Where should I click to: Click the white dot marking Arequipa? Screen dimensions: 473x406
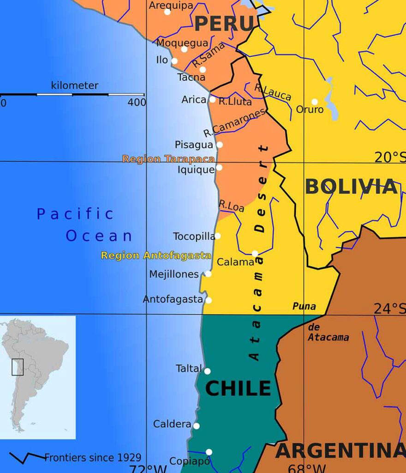[x=167, y=12]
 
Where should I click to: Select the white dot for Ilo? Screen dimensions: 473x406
[x=174, y=61]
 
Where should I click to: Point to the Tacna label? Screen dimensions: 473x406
[x=191, y=77]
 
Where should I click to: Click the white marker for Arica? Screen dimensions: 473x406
[x=212, y=99]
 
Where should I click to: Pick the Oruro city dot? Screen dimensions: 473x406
[x=315, y=102]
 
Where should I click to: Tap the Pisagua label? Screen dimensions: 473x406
[x=194, y=145]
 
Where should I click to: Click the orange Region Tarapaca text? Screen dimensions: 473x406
[x=168, y=159]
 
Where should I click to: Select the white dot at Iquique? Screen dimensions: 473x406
[x=219, y=167]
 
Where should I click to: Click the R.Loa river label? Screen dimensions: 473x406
[x=231, y=206]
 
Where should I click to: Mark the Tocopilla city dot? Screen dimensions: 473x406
[x=217, y=236]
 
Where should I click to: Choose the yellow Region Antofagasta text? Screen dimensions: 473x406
[x=156, y=255]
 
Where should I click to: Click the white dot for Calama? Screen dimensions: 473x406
[x=255, y=253]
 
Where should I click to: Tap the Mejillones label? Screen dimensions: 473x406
[x=174, y=274]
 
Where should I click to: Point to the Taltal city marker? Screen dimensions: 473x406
[x=207, y=371]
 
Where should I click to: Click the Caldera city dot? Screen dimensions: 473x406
[x=197, y=426]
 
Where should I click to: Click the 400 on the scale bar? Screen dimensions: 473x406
[x=137, y=102]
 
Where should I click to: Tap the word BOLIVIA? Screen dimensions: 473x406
[x=351, y=187]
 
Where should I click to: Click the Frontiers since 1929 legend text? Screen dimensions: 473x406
[x=93, y=458]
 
